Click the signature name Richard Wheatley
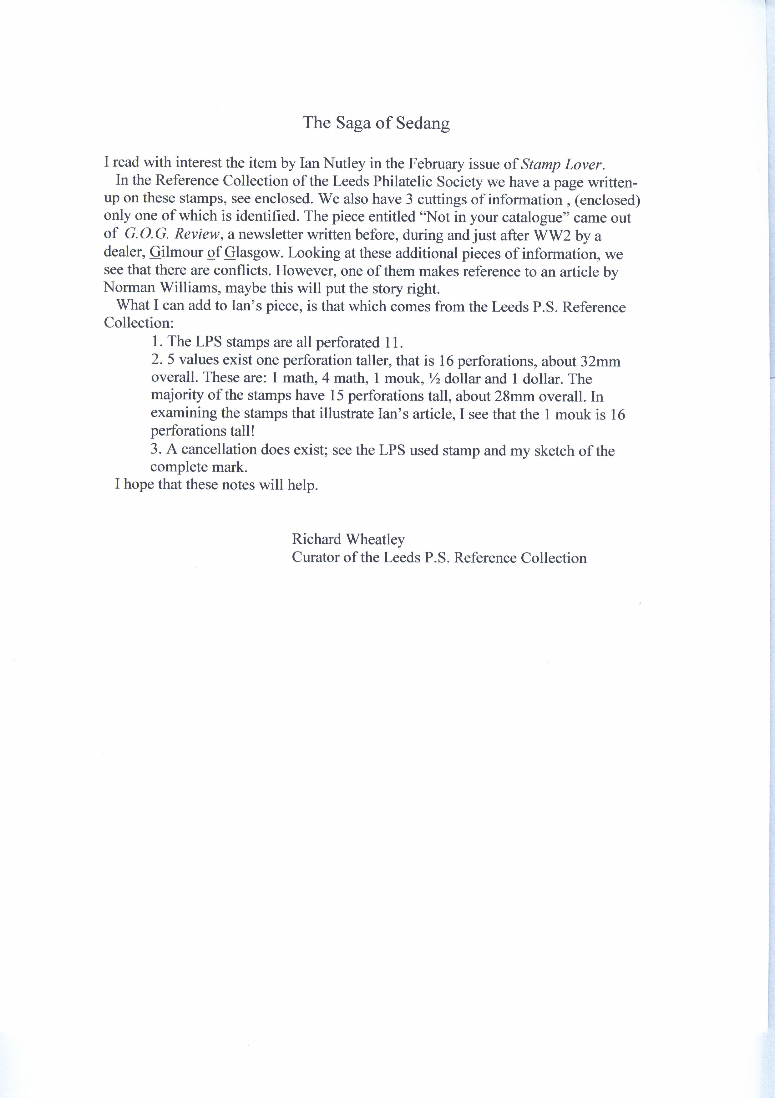[348, 539]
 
